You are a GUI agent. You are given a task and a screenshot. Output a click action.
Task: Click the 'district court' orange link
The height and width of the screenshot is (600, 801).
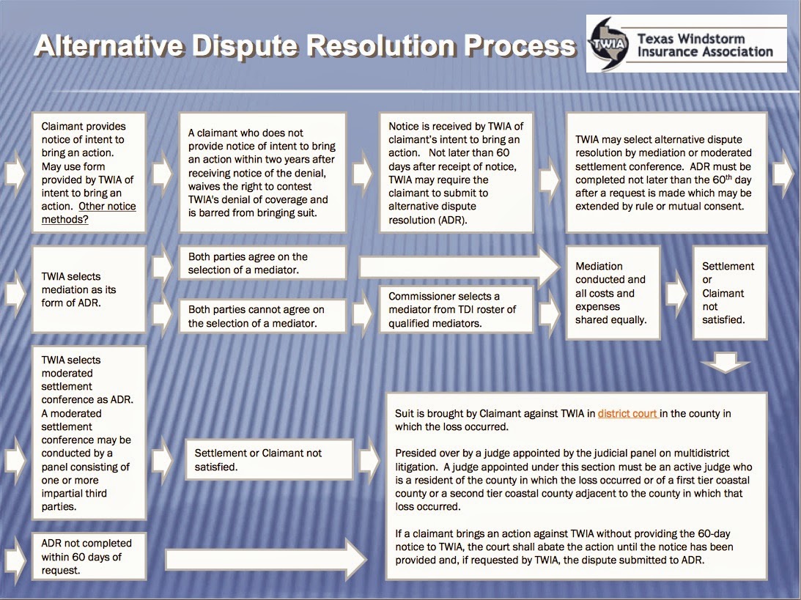click(627, 414)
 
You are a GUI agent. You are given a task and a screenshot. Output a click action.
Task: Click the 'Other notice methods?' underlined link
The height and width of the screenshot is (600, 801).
click(89, 212)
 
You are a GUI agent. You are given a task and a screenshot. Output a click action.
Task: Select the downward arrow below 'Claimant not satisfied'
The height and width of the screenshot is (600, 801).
click(726, 361)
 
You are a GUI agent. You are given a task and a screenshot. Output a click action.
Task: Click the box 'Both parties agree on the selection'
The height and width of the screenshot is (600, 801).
click(262, 264)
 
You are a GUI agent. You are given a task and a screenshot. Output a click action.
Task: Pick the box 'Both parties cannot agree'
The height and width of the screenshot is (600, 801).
click(262, 316)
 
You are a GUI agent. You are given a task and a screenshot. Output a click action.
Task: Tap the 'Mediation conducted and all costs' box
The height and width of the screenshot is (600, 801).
click(612, 293)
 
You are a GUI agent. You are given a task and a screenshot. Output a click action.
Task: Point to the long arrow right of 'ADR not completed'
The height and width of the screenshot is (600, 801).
click(265, 560)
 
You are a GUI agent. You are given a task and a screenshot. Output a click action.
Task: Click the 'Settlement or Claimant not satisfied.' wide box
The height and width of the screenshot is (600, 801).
click(268, 460)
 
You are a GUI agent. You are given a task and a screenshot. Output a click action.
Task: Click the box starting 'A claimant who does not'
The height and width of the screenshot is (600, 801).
click(262, 172)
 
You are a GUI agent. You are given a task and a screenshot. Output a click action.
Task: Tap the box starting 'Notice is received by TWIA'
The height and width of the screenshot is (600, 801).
click(457, 172)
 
